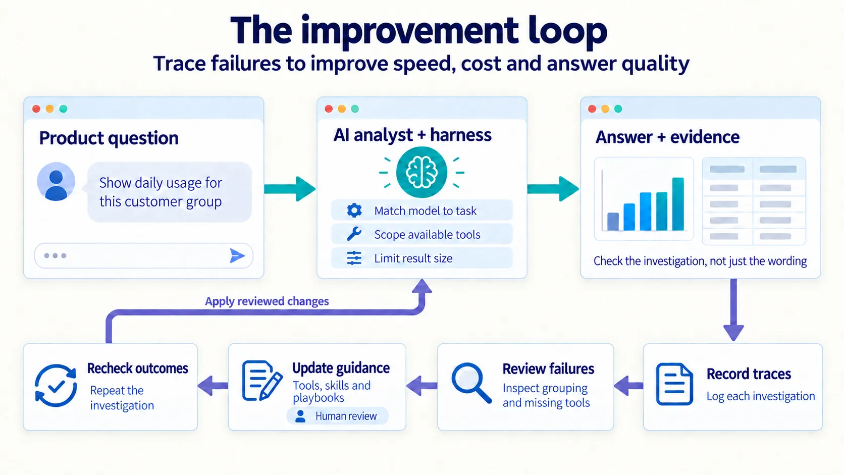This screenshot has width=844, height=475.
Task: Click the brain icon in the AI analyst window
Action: pos(421,172)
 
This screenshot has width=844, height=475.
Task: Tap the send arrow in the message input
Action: pos(237,256)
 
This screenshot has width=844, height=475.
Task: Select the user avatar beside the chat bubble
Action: pos(56,182)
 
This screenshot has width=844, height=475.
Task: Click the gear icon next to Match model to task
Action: pos(354,210)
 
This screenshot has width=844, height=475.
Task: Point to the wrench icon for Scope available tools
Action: pos(354,234)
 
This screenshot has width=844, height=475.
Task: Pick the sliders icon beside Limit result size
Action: pos(354,258)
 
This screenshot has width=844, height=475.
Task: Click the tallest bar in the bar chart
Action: pos(678,204)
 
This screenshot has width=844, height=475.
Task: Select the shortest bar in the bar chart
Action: pos(613,222)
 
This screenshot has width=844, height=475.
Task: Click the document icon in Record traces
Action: pos(674,384)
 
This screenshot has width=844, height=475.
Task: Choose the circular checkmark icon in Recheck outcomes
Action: pos(56,385)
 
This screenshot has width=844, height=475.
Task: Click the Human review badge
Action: pos(337,416)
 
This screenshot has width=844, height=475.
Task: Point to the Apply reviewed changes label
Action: pos(267,301)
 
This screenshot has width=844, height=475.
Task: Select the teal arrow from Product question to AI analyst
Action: pos(289,189)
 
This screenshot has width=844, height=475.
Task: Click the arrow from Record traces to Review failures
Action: pos(628,386)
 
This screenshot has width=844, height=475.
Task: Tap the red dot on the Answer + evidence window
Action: pos(592,109)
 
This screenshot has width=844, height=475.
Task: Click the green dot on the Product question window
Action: pos(63,109)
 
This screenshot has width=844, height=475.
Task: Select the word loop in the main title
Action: pos(567,31)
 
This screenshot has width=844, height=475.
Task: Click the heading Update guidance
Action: pos(341,368)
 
